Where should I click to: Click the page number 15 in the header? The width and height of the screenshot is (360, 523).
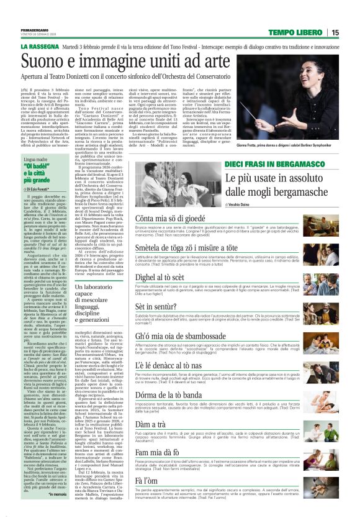coord(335,33)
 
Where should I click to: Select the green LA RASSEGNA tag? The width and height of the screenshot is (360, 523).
coord(40,47)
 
